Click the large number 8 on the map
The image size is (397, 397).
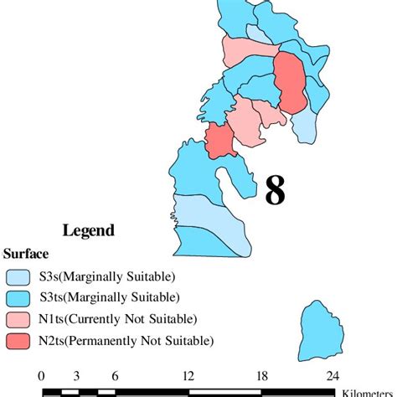tap(275, 190)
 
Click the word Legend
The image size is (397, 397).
tap(89, 230)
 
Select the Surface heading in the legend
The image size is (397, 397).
tap(26, 254)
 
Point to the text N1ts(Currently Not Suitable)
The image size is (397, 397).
tap(118, 319)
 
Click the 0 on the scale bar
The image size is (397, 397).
tap(41, 375)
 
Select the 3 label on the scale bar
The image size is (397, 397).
tap(76, 375)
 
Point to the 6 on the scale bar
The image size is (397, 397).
tap(114, 375)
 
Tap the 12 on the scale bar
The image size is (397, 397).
tap(188, 375)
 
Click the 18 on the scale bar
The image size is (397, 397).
tap(262, 375)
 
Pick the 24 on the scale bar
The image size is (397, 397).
tap(333, 375)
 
